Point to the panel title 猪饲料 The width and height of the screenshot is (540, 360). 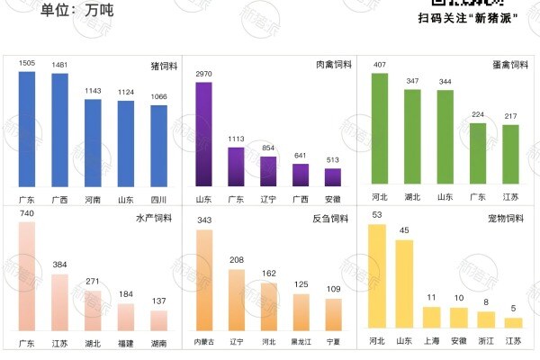(162, 67)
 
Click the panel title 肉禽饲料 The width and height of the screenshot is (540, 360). (333, 67)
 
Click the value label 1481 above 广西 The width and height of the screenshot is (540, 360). (59, 65)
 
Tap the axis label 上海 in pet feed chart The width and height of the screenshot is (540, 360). (432, 343)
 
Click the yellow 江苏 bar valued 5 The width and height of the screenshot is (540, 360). (513, 322)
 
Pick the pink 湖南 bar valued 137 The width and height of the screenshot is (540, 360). (158, 319)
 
